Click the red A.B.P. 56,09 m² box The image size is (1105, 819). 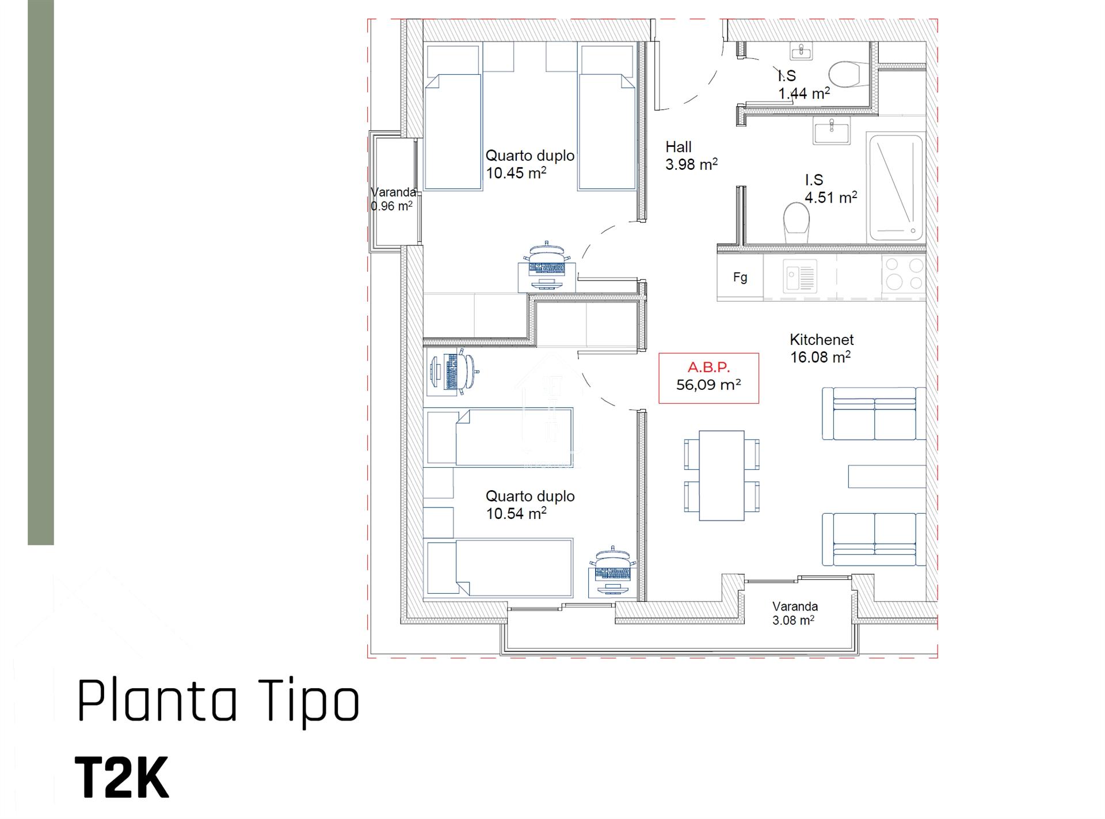708,378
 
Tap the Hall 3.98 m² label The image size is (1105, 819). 691,156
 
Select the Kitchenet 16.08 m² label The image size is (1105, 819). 821,348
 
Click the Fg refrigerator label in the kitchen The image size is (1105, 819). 740,277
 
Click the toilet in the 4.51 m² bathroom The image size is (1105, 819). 797,222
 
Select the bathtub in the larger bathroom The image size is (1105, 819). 895,187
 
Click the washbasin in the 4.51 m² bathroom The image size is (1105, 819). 830,130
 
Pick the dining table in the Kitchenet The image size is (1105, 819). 722,475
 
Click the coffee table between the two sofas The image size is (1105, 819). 886,476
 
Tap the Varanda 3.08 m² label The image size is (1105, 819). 794,613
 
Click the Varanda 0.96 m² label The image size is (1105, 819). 393,199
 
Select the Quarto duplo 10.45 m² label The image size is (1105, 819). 529,164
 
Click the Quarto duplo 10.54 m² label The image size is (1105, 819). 529,505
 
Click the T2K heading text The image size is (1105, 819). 122,778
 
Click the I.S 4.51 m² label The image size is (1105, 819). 830,189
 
